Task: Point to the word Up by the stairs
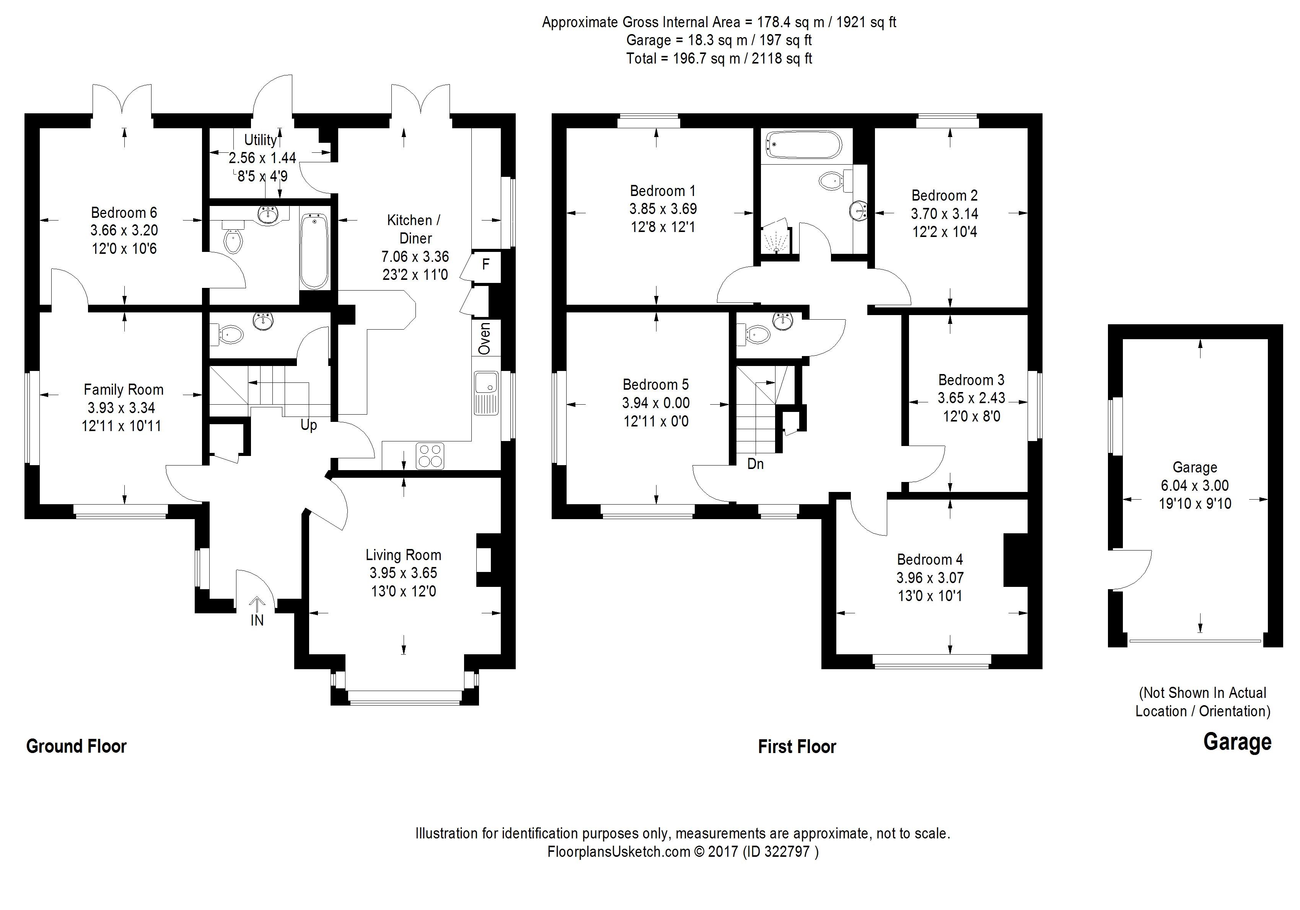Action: (x=309, y=425)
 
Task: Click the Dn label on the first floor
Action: (x=755, y=464)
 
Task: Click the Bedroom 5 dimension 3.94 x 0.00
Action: (x=656, y=403)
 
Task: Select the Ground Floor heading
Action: (x=77, y=746)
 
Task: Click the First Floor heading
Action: (x=797, y=747)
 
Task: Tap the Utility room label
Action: (x=261, y=140)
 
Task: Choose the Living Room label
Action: (x=403, y=555)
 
